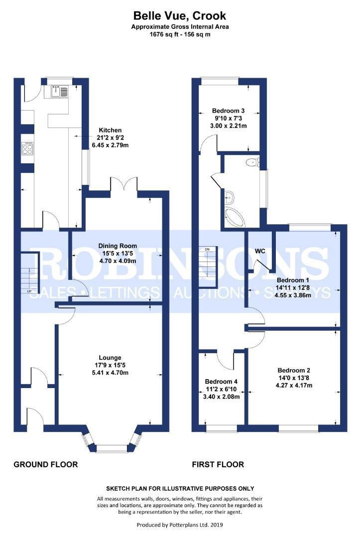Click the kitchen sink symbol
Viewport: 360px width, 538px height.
point(59,91)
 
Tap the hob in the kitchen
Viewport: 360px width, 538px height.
point(27,149)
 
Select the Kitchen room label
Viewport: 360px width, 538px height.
point(110,131)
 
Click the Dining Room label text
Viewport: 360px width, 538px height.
point(118,246)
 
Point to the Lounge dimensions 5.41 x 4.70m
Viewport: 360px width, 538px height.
point(110,373)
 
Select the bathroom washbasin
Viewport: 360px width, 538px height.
point(230,197)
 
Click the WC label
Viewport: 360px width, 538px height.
point(260,251)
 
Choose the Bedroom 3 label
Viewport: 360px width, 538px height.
point(229,111)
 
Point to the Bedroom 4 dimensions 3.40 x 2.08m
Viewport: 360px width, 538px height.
point(221,397)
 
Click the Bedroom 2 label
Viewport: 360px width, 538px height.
point(294,371)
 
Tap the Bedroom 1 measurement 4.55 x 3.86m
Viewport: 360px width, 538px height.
point(293,295)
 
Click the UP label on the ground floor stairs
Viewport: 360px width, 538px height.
point(29,291)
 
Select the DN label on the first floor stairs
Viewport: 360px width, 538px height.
point(207,249)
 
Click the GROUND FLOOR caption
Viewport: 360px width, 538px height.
point(46,465)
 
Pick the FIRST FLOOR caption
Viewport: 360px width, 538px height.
point(218,465)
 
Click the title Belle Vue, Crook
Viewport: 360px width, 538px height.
point(180,15)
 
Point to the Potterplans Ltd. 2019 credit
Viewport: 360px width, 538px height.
point(180,525)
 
